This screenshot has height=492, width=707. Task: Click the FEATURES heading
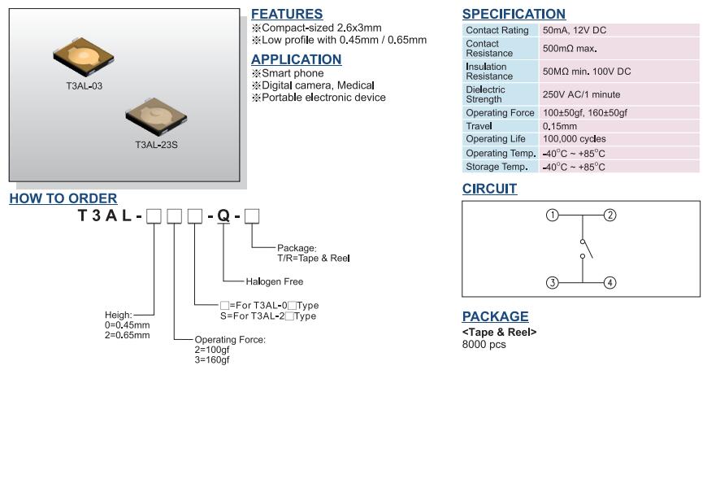(286, 14)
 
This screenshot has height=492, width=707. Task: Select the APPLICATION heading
(296, 59)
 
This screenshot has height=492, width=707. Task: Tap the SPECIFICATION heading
(514, 14)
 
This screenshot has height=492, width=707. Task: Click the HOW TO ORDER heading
(63, 198)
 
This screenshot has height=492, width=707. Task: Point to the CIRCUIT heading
(489, 189)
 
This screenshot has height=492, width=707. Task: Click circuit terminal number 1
(553, 216)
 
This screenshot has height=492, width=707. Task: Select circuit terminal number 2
(610, 216)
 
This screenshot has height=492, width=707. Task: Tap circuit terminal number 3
(553, 283)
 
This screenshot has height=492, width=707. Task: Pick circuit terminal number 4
(610, 283)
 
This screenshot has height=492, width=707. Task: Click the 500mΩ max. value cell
(619, 49)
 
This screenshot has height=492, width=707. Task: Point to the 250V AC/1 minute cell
(619, 94)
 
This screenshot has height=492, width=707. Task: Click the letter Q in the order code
(223, 216)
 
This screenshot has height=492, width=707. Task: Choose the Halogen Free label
(274, 281)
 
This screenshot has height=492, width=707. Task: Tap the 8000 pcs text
(484, 344)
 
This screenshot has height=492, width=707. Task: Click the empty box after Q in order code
(252, 216)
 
